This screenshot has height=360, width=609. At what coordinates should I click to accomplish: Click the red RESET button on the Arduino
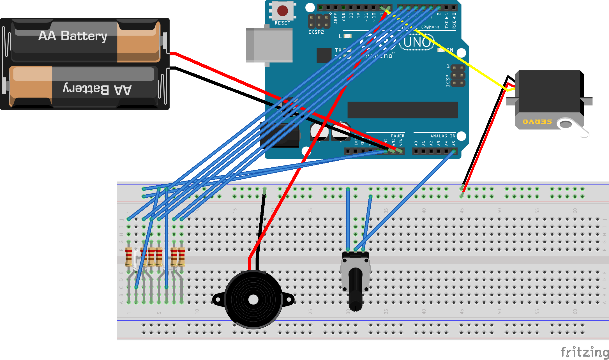pyautogui.click(x=282, y=11)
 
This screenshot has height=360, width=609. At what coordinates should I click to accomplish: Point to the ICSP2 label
pyautogui.click(x=316, y=32)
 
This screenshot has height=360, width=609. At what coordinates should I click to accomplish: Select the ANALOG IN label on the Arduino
pyautogui.click(x=443, y=136)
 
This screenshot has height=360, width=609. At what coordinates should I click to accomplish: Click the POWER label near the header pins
pyautogui.click(x=398, y=136)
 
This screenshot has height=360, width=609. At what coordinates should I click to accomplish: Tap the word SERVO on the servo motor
pyautogui.click(x=537, y=122)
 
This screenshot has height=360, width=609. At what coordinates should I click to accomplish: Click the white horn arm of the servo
pyautogui.click(x=575, y=128)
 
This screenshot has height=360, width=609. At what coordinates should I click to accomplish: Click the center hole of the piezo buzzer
pyautogui.click(x=253, y=300)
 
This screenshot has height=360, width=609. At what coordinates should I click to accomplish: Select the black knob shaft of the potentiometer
pyautogui.click(x=356, y=289)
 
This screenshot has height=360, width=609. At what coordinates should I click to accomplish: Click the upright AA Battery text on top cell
pyautogui.click(x=73, y=36)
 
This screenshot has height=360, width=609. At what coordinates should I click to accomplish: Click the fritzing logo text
pyautogui.click(x=584, y=352)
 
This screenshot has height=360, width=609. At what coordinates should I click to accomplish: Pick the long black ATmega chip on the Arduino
pyautogui.click(x=402, y=110)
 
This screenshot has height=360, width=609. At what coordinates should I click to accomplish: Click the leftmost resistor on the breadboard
pyautogui.click(x=128, y=257)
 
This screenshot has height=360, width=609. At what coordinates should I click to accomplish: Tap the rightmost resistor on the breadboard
pyautogui.click(x=182, y=257)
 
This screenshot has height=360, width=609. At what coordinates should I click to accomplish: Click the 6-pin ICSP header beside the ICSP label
pyautogui.click(x=458, y=75)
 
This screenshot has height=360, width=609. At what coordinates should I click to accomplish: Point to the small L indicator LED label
pyautogui.click(x=340, y=36)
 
